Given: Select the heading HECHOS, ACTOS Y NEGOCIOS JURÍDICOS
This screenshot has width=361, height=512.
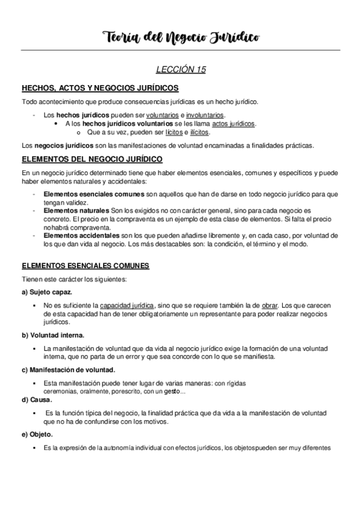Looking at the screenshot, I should point(99,88).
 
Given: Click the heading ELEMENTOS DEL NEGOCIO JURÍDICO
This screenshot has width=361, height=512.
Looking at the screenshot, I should point(92,159).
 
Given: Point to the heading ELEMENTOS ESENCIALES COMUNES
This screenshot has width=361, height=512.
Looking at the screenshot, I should point(86,265).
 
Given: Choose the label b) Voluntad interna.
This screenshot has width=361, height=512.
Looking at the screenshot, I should point(53,334).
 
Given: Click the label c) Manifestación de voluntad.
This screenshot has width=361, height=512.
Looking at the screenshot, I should point(68,370).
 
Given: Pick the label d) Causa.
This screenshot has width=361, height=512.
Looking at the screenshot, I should point(37,399).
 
